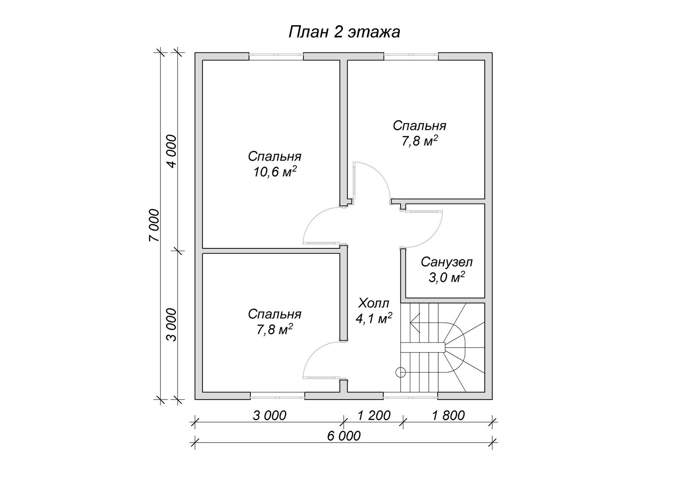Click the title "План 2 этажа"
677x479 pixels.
point(344,32)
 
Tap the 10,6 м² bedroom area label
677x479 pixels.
point(275,172)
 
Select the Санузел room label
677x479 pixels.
point(447,262)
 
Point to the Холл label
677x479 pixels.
point(374,303)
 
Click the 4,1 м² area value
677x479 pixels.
point(374,318)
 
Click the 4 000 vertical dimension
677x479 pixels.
point(171,151)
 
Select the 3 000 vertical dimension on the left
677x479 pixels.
point(171,325)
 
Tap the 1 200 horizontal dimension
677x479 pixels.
point(374,416)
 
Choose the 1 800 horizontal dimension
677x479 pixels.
point(448,416)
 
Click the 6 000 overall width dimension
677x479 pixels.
point(344,436)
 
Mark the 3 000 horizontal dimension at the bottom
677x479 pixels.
point(269,416)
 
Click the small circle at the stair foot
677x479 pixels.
point(401,372)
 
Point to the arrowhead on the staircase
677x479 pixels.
point(415,322)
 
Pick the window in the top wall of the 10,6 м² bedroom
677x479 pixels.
point(276,56)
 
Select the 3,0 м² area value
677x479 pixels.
point(447,278)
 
